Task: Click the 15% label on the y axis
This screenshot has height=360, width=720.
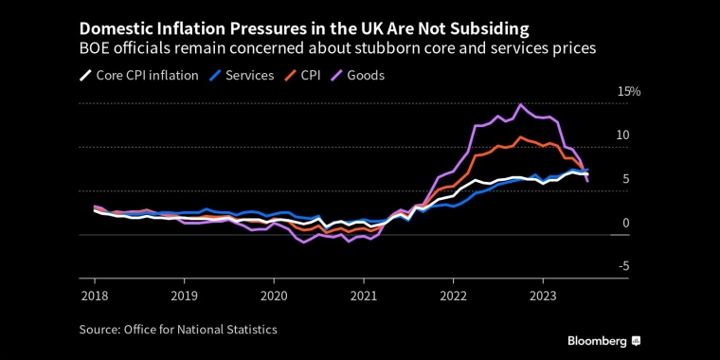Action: coord(629,92)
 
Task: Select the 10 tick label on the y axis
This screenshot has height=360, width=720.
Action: coord(622,135)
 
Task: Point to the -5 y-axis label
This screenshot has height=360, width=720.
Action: coord(623,266)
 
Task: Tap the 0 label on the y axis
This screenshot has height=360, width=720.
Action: coord(625,223)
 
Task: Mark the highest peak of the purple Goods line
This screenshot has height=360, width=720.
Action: coord(520,104)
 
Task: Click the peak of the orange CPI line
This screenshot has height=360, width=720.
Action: coord(520,136)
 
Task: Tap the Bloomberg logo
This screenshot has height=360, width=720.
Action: coord(603,340)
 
